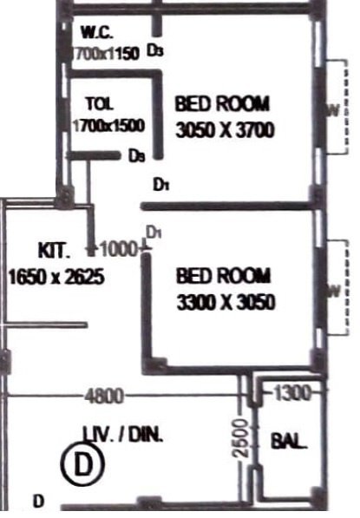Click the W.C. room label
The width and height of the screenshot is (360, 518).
(x=96, y=34)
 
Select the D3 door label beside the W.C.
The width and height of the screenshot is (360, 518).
(x=155, y=52)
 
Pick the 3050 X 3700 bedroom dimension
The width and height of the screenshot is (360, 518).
(x=225, y=131)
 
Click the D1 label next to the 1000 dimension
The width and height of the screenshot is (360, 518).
(x=154, y=233)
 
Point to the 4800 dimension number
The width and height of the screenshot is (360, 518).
(x=104, y=397)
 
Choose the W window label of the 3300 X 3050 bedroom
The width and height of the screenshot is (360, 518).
(x=331, y=291)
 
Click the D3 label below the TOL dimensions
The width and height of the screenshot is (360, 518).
(x=135, y=157)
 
